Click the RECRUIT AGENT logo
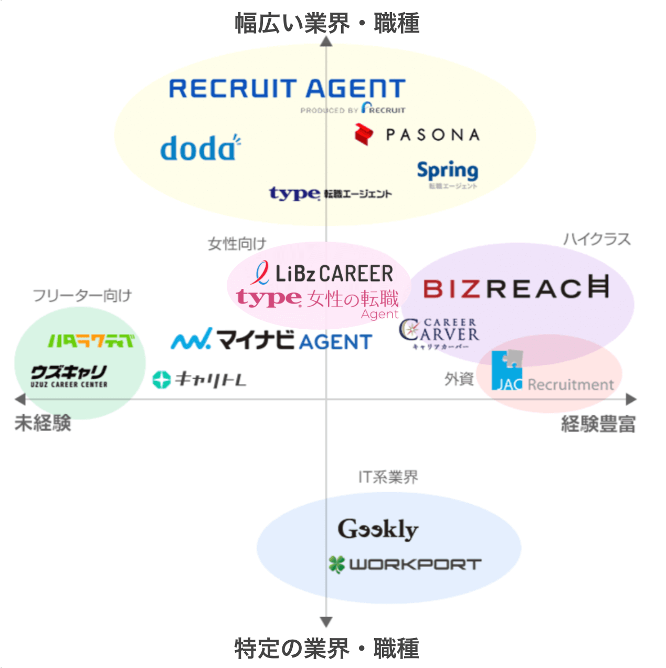point(287,89)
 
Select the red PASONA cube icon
point(363,134)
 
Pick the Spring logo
point(447,171)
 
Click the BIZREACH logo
point(516,287)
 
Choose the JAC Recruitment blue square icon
point(506,371)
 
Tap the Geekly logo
point(378,529)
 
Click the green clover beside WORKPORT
point(336,565)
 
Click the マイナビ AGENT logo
point(271,340)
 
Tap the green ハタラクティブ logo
point(91,341)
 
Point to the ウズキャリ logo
point(69,376)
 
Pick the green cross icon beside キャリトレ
point(161,379)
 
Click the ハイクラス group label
point(597,239)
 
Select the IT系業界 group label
point(388,477)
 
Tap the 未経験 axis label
point(43,423)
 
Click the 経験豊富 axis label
point(598,423)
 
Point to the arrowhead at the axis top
point(326,41)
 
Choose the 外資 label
point(459,379)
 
